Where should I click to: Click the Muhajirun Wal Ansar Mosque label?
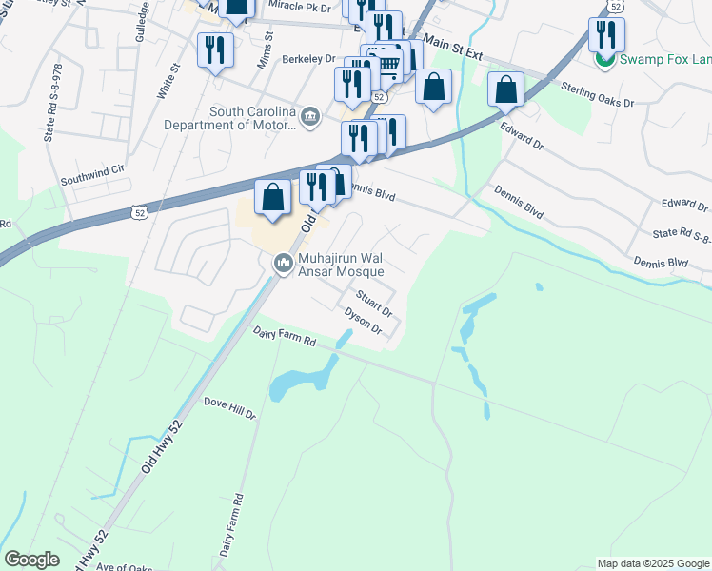[x=345, y=264]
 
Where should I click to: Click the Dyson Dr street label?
[x=363, y=321]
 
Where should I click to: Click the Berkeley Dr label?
[x=309, y=59]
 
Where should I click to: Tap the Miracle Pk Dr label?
[x=298, y=8]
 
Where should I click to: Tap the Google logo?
[x=31, y=560]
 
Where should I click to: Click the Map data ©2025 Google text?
[x=652, y=563]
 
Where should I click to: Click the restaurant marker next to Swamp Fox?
[x=605, y=35]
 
